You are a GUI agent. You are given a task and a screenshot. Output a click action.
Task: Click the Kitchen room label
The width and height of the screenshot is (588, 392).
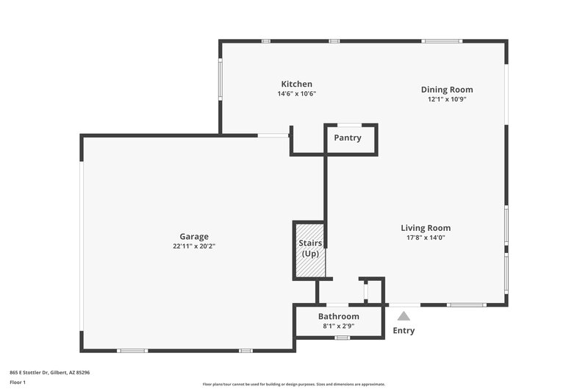[x=296, y=85]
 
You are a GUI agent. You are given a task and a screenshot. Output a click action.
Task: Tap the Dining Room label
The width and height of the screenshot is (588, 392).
[x=447, y=90]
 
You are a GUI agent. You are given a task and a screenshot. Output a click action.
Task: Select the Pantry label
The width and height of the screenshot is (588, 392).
[x=348, y=138]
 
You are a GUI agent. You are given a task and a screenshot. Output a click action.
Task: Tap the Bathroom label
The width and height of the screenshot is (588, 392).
[x=339, y=316]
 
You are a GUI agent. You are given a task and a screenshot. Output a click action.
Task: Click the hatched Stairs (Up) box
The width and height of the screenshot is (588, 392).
[x=309, y=249]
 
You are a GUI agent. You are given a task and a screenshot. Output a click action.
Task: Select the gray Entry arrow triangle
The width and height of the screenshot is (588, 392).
[x=404, y=316]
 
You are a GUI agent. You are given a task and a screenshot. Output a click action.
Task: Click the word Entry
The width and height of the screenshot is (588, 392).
[x=404, y=331]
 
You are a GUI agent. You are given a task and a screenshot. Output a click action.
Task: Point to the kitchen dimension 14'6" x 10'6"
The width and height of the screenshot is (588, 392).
[x=296, y=94]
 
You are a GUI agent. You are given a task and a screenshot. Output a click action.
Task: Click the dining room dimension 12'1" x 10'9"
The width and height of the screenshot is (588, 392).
[x=447, y=99]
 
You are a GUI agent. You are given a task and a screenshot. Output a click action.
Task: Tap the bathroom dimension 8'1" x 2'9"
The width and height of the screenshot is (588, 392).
[x=339, y=326]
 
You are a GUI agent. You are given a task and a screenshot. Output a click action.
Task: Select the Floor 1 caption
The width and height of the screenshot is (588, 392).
[x=18, y=382]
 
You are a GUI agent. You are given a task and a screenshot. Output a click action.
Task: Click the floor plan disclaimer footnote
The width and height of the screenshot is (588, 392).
[x=293, y=384]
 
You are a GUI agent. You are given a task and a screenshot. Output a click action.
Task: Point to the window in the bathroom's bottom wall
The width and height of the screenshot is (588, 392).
[x=342, y=338]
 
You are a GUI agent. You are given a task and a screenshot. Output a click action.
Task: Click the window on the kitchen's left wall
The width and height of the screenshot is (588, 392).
[x=220, y=79]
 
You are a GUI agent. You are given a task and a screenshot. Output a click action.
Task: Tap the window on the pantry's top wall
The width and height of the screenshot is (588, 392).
[x=349, y=124]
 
